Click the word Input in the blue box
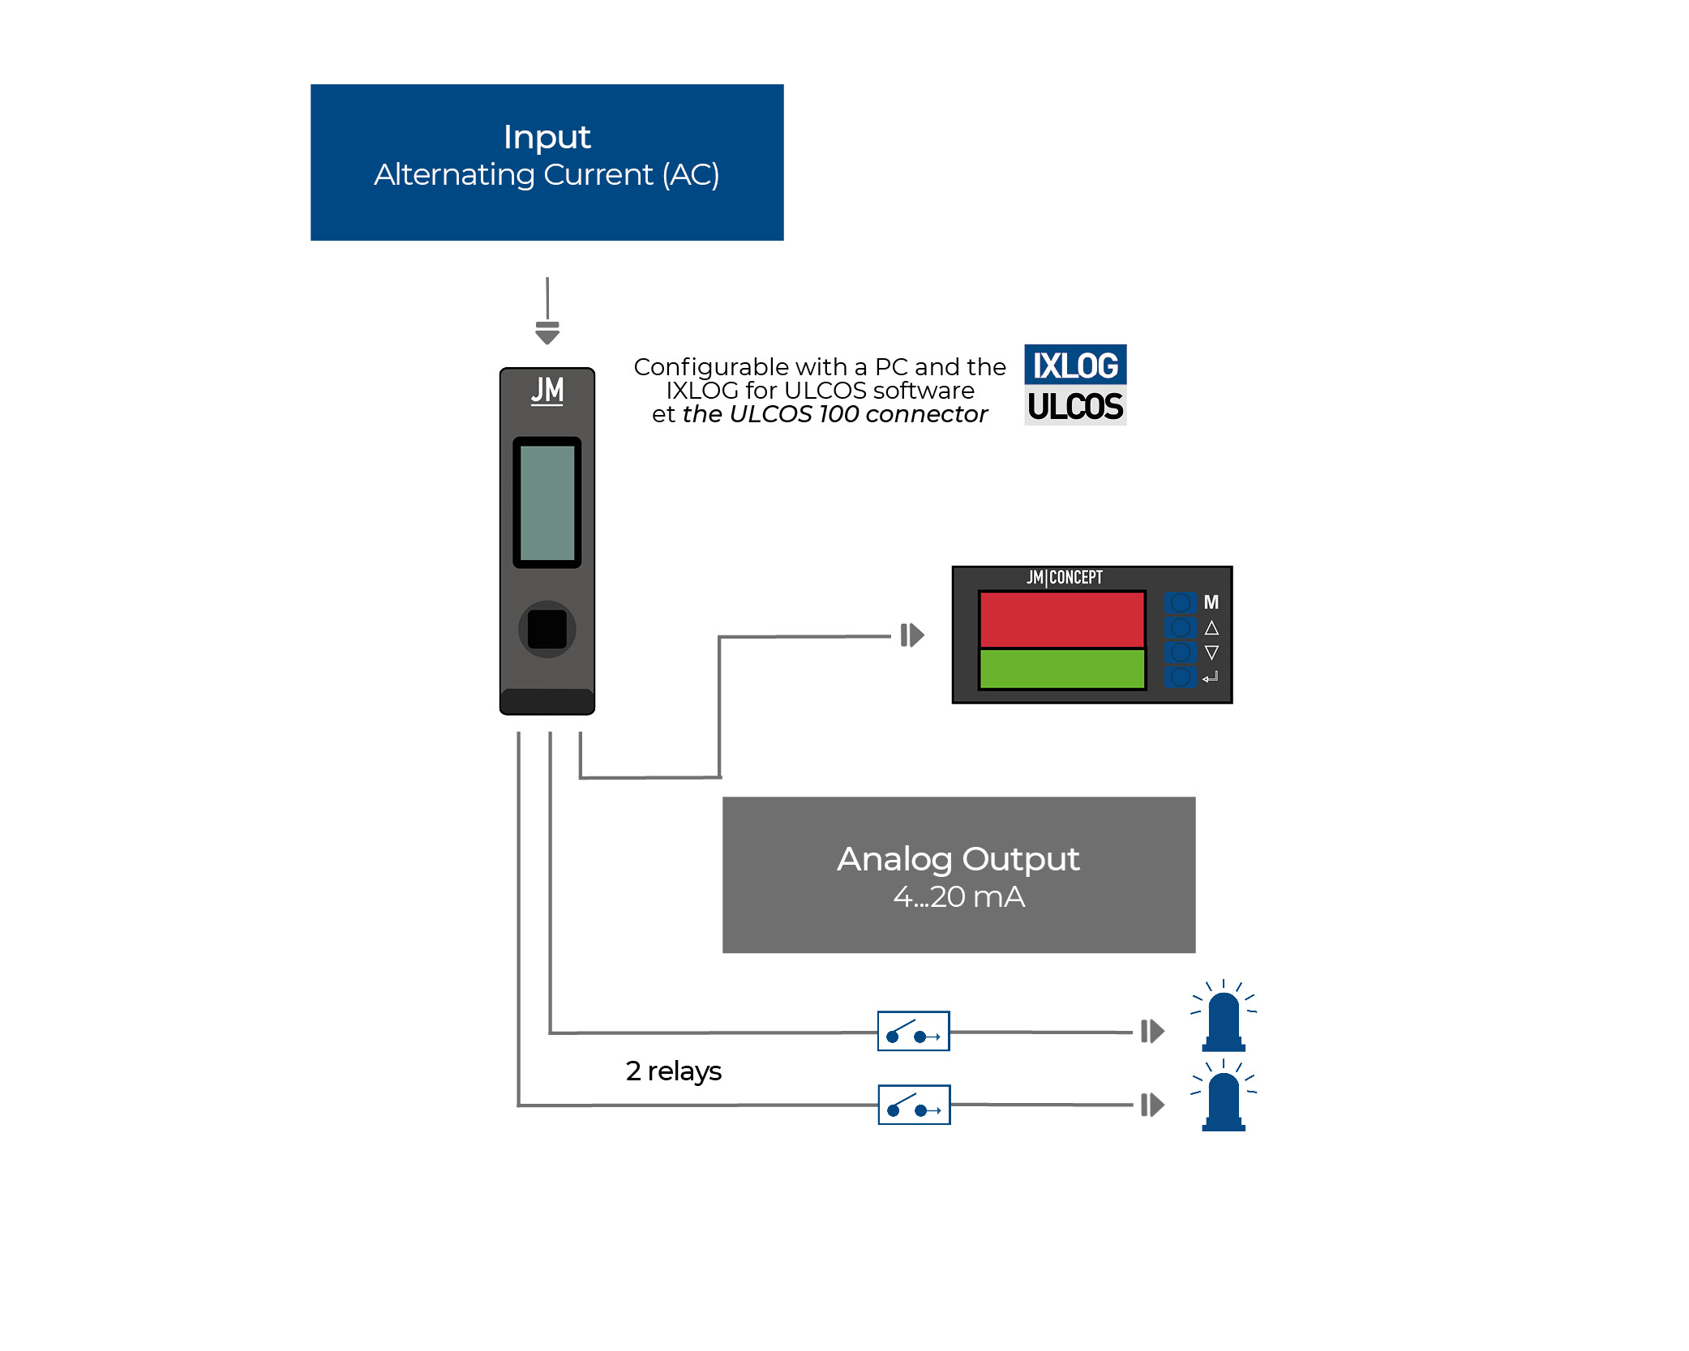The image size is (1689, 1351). [x=547, y=137]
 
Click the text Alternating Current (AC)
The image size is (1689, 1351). [x=547, y=175]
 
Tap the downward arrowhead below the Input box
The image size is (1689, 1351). [x=547, y=333]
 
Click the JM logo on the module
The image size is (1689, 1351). [x=547, y=390]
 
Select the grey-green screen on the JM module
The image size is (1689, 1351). [x=547, y=502]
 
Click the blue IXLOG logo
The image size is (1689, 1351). [x=1075, y=365]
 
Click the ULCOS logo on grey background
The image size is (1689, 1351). [x=1075, y=406]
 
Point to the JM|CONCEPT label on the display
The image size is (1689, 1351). [x=1065, y=577]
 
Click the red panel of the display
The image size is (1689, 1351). [x=1061, y=619]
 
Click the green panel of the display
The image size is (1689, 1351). [x=1061, y=669]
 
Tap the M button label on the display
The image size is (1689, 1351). [x=1211, y=602]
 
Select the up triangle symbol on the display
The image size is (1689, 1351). [x=1211, y=628]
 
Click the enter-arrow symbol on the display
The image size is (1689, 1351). [x=1211, y=678]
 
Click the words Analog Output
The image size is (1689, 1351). [x=958, y=859]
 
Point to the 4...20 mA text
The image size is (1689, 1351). [x=958, y=897]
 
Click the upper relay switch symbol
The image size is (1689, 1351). [x=913, y=1031]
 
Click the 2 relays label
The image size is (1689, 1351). [x=673, y=1071]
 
